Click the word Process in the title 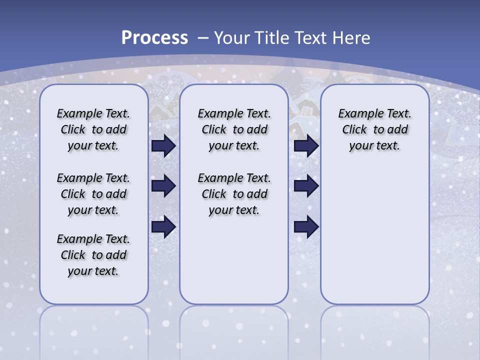pos(154,38)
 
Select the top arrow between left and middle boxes pos(163,146)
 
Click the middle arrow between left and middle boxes pos(163,186)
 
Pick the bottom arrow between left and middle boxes pos(163,226)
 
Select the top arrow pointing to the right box pos(306,146)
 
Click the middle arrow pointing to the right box pos(306,186)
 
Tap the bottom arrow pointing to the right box pos(306,226)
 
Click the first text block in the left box pos(93,129)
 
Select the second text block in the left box pos(93,194)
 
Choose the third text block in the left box pos(93,255)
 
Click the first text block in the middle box pos(234,129)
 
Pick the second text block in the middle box pos(234,194)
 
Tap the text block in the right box pos(375,129)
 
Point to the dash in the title pos(203,38)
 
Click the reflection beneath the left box pos(94,330)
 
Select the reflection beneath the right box pos(375,330)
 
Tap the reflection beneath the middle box pos(234,330)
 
